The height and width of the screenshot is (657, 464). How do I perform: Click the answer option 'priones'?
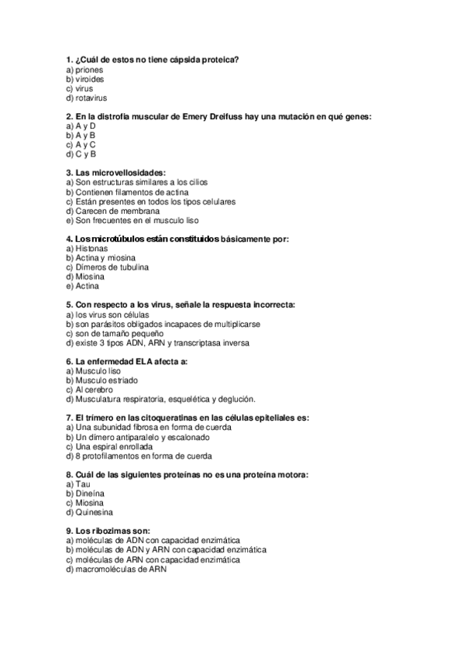[x=90, y=70]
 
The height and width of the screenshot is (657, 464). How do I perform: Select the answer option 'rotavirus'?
[x=91, y=98]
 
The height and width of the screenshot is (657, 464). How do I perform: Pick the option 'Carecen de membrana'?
[x=118, y=211]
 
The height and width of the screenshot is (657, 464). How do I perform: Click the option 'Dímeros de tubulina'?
[x=113, y=267]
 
